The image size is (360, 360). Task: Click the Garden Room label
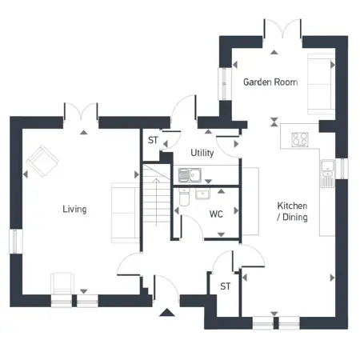[x=270, y=82]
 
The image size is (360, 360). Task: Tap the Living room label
[x=74, y=209]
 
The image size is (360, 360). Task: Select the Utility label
[x=202, y=153]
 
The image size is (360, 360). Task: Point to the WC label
[x=216, y=214]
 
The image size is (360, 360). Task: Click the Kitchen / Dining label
[x=292, y=211]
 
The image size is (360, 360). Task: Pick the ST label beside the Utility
[x=153, y=140]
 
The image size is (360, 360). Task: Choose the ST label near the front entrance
[x=226, y=286]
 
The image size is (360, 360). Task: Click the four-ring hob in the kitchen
[x=300, y=139]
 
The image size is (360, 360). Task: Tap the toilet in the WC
[x=184, y=198]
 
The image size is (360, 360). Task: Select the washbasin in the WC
[x=202, y=194]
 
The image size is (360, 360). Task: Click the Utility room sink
[x=190, y=175]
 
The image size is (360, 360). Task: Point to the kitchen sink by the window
[x=327, y=174]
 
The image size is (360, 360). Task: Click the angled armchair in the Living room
[x=42, y=161]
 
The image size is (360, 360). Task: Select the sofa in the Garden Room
[x=322, y=84]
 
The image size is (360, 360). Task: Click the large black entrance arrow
[x=167, y=312]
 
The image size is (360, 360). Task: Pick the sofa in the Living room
[x=126, y=213]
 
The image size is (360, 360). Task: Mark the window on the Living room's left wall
[x=16, y=242]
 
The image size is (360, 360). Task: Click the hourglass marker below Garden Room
[x=274, y=122]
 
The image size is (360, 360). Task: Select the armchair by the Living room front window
[x=62, y=284]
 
